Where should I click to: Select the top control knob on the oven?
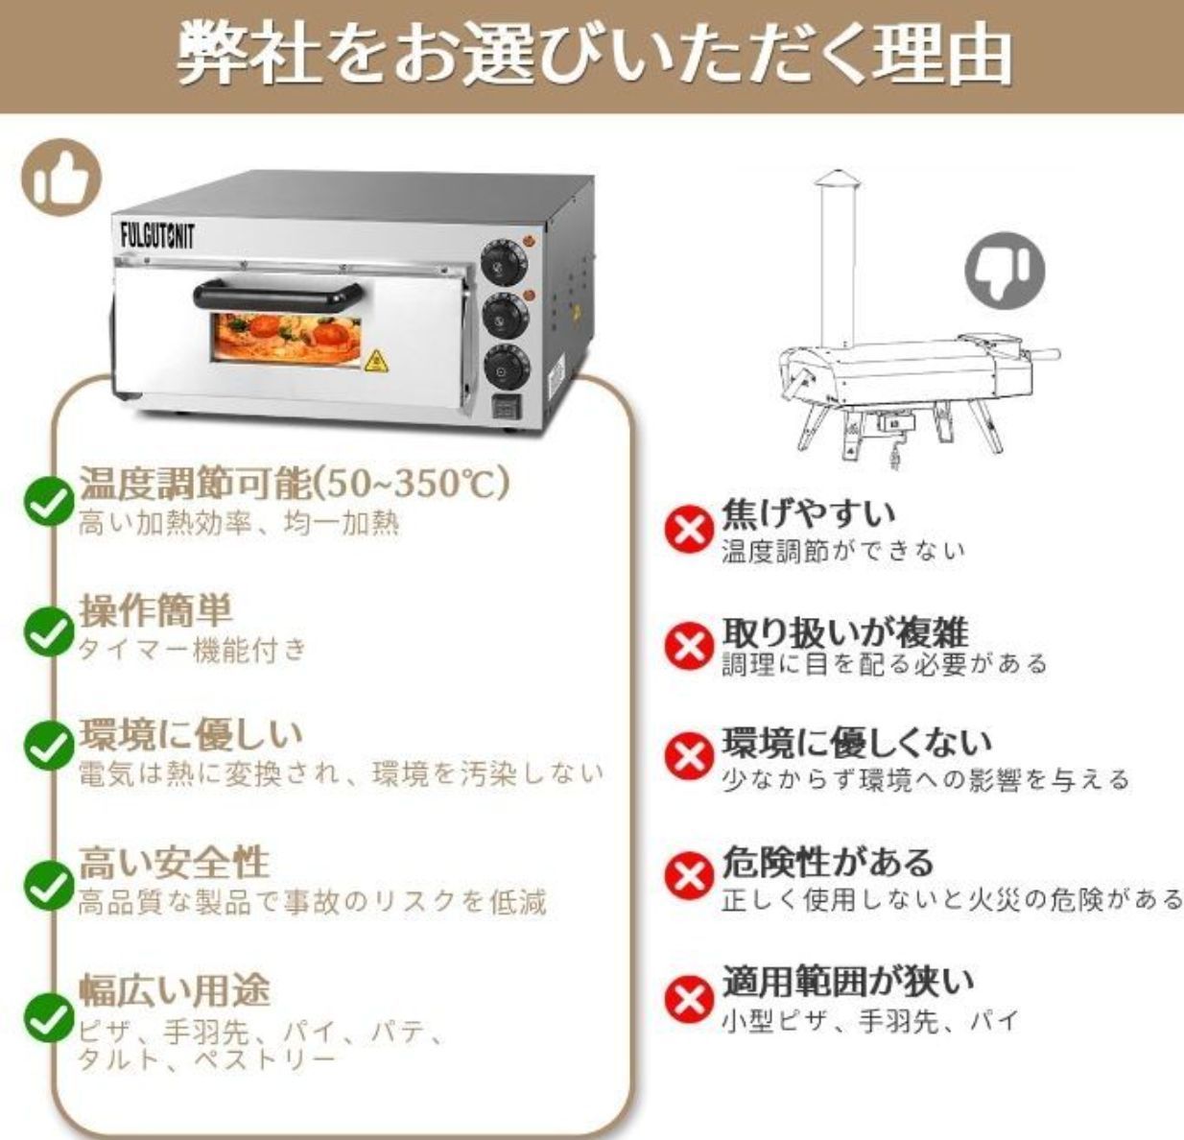tap(500, 259)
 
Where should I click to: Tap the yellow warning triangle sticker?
tap(375, 362)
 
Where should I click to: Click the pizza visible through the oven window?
tap(288, 344)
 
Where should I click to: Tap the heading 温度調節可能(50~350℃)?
tap(292, 483)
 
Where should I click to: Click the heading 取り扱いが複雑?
tap(845, 631)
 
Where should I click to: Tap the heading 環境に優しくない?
tap(856, 743)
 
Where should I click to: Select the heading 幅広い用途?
tap(174, 988)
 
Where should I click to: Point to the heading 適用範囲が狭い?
tap(847, 981)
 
